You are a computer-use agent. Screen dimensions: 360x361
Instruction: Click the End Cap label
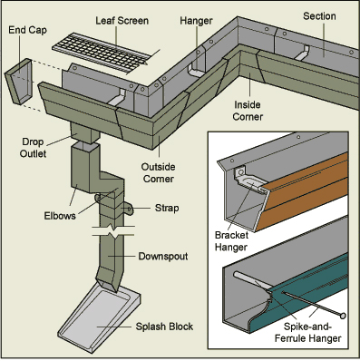point(27,30)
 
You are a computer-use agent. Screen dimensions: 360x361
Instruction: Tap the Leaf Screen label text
point(122,21)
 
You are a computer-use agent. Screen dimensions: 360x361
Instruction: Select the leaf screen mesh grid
point(102,53)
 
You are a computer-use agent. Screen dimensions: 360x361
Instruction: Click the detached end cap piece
point(19,82)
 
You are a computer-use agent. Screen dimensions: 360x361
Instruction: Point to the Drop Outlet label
point(33,148)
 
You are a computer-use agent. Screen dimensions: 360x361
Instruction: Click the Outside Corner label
point(158,172)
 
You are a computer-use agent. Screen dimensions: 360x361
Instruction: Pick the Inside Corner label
point(248,111)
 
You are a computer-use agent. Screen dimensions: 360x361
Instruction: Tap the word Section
point(319,16)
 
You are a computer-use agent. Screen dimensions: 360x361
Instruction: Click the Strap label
point(167,208)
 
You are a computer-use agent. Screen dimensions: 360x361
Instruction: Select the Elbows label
point(60,216)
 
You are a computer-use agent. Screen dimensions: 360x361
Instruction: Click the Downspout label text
point(163,257)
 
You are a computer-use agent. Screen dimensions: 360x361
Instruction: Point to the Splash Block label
point(164,327)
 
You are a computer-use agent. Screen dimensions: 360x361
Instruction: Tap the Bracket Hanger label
point(231,241)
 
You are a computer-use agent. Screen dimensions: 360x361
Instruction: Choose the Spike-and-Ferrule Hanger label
point(308,333)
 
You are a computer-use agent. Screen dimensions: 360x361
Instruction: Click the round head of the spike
point(343,316)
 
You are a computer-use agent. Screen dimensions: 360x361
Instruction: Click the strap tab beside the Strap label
point(128,210)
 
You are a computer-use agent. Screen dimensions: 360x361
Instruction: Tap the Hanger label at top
point(196,21)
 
